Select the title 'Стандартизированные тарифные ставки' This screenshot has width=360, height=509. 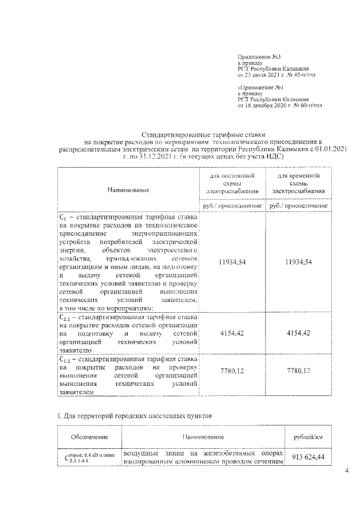(204, 135)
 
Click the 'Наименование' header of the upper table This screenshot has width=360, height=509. (128, 191)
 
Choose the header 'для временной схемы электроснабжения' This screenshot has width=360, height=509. (298, 183)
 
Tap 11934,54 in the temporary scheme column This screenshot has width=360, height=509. (298, 263)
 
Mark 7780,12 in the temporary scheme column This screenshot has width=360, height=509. (298, 371)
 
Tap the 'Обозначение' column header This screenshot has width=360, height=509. (90, 437)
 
